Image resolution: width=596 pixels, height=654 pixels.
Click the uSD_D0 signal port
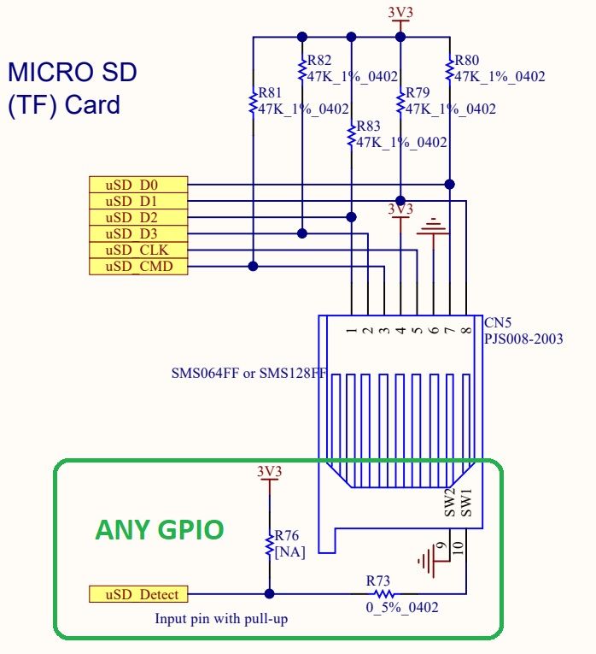(137, 185)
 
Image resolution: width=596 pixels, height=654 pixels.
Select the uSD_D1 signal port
(137, 201)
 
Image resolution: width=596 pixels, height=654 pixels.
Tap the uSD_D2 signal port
(137, 217)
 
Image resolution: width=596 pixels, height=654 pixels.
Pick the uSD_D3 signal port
(137, 233)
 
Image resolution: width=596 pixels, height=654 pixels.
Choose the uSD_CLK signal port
(137, 250)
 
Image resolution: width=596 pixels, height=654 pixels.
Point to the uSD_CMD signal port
(137, 266)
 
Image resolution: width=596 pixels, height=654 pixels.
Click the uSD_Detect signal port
(137, 594)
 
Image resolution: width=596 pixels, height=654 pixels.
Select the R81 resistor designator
(270, 93)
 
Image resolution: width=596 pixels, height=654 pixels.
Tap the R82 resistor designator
(320, 61)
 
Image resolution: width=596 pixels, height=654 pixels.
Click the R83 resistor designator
(370, 126)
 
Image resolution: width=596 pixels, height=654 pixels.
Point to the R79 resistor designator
(418, 93)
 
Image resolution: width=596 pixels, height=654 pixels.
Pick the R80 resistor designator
(467, 61)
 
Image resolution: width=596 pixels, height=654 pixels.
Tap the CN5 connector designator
(498, 324)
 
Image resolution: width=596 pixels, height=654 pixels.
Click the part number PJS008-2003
(523, 339)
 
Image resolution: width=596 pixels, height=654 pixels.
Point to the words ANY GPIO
(159, 530)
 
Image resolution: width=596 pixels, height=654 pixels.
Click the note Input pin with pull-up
(220, 617)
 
